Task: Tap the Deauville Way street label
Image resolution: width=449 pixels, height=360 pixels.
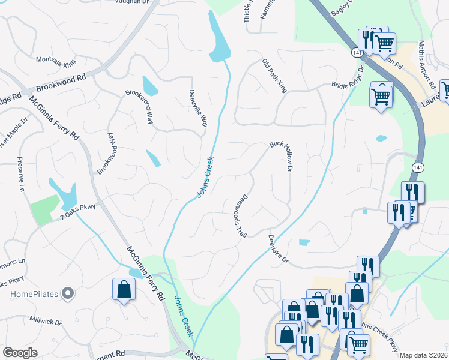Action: coord(198,109)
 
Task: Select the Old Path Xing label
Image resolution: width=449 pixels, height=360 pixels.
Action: coord(275,76)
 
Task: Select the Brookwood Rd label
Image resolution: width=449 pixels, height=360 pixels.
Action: coord(61,82)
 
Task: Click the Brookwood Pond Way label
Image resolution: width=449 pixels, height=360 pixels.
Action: coord(106,153)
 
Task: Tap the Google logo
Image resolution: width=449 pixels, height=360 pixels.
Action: coord(20,353)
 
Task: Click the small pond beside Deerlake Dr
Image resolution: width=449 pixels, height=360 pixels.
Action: coord(304,242)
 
